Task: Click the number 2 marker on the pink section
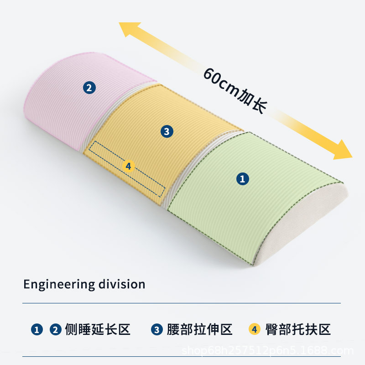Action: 89,88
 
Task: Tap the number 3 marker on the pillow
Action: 167,131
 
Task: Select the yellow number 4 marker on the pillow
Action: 129,166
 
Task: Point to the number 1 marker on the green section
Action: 243,179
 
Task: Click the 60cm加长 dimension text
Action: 235,91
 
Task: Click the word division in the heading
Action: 122,284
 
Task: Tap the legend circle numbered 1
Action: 37,329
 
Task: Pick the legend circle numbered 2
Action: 55,329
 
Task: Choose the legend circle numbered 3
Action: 156,329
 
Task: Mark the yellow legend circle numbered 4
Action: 255,329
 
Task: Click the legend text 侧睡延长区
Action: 98,329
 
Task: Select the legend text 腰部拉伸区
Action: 200,329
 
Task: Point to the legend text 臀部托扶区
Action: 298,329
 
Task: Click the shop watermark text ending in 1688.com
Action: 268,351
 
